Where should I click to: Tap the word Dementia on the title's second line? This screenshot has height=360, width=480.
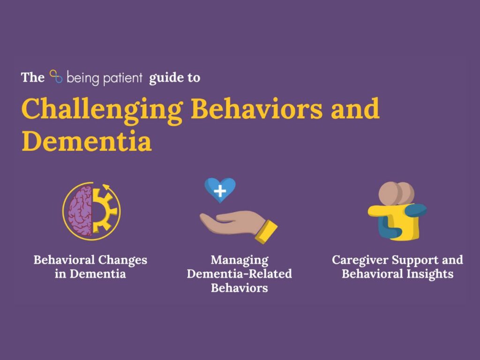[87, 141]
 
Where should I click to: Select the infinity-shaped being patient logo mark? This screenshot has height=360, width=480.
[56, 76]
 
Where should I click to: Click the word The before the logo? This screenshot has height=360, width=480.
[33, 77]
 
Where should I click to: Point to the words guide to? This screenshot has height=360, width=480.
[174, 78]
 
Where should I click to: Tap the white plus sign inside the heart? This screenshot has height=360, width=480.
[220, 191]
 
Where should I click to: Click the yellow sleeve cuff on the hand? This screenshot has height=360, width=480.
[266, 232]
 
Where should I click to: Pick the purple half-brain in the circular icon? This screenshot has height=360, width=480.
[80, 211]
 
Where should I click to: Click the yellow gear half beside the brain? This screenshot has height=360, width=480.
[103, 211]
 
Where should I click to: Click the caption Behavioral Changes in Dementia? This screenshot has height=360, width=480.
[90, 267]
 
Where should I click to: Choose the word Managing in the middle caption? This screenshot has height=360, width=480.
[240, 260]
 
